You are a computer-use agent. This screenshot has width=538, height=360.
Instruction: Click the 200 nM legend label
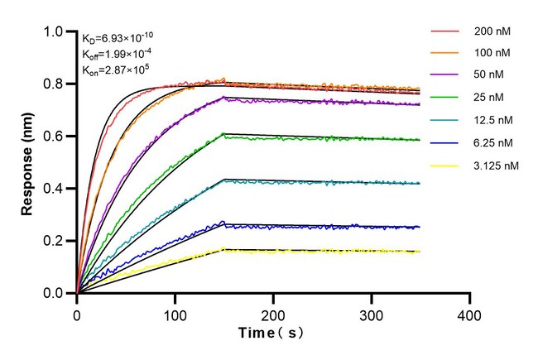tap(492, 32)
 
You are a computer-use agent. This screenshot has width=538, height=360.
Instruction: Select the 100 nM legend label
tap(492, 53)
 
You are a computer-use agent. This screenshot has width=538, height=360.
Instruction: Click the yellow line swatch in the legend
tap(444, 165)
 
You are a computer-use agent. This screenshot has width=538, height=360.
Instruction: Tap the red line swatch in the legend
tap(444, 32)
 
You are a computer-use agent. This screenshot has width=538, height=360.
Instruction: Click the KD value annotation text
tap(117, 38)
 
